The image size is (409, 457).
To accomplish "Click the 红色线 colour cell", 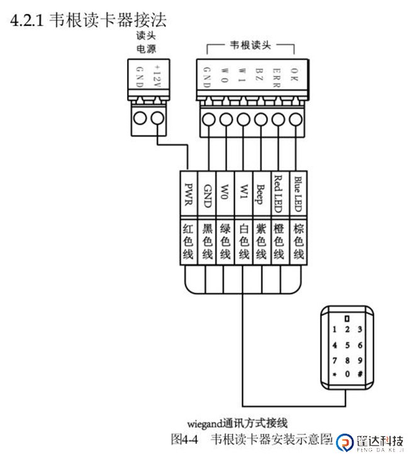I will pos(188,241).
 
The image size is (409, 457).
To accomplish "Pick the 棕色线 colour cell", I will pos(299,241).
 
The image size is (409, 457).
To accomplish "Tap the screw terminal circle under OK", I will pos(296,118).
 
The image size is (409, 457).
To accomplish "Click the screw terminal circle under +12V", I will pos(158,118).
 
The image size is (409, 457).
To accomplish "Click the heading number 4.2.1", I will pos(27,21).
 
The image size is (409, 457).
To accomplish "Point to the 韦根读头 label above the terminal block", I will pos(251,45).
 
